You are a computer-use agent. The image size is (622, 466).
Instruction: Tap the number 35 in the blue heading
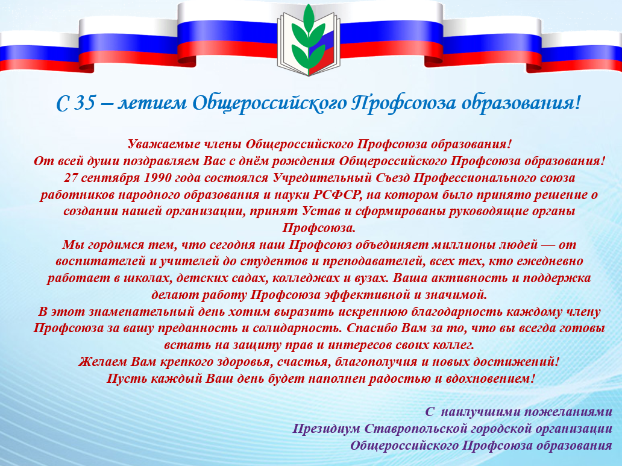[84, 103]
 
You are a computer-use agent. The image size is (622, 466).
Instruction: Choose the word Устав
[321, 211]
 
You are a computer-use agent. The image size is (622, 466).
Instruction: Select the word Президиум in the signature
[326, 429]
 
